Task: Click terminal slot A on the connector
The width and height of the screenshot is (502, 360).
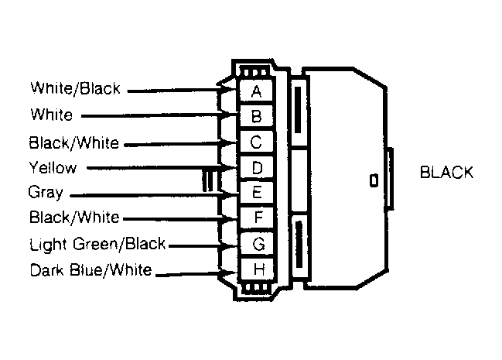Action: point(256,91)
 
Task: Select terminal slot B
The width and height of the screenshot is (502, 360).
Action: point(256,116)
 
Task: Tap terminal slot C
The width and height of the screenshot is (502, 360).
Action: point(256,142)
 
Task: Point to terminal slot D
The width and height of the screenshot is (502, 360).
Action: point(256,168)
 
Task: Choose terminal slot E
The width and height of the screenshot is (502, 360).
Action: point(256,193)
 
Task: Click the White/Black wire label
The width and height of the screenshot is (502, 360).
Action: point(75,88)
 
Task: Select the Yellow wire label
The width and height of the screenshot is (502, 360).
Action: point(53,168)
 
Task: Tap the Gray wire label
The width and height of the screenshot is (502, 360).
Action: point(46,192)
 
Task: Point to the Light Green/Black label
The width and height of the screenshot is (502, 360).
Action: point(97,244)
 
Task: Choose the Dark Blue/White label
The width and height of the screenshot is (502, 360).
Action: point(90,270)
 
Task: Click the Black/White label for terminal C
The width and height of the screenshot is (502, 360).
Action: point(74,142)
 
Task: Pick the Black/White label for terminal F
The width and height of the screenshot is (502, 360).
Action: point(74,217)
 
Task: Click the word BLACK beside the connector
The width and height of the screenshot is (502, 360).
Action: point(446,172)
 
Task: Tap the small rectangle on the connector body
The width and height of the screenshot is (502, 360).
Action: point(374,180)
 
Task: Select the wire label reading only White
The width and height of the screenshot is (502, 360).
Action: point(52,115)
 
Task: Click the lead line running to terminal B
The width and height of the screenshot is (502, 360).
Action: point(155,115)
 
